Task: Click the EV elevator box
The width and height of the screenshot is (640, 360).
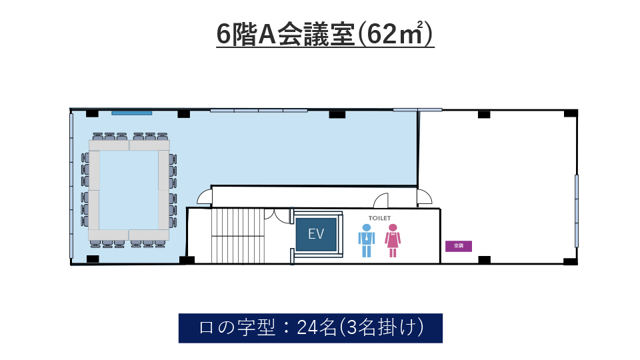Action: point(316,234)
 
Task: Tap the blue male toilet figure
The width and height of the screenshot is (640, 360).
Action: point(367,241)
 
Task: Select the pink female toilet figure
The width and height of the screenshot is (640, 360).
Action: point(393,241)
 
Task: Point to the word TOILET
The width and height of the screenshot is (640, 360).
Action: point(379,219)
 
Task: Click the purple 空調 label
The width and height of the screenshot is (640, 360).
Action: point(459,246)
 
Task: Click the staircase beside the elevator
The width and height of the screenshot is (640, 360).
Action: point(237,235)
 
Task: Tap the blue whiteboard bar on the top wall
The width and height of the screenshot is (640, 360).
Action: point(132,113)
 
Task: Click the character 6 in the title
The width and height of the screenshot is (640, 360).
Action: point(223,35)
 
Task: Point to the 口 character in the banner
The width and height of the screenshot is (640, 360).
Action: point(206,328)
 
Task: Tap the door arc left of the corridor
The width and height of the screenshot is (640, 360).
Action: point(204,197)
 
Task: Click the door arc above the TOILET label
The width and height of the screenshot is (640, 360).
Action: point(381,201)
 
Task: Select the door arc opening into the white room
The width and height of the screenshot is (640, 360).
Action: point(425,197)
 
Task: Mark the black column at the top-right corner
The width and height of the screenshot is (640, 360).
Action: point(571,113)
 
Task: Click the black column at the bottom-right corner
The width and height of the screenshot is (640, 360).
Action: point(571,261)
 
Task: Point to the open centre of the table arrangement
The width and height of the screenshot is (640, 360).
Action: point(129,190)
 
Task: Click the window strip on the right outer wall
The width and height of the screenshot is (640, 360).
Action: point(576,211)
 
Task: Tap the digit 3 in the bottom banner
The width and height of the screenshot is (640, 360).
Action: point(351,327)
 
